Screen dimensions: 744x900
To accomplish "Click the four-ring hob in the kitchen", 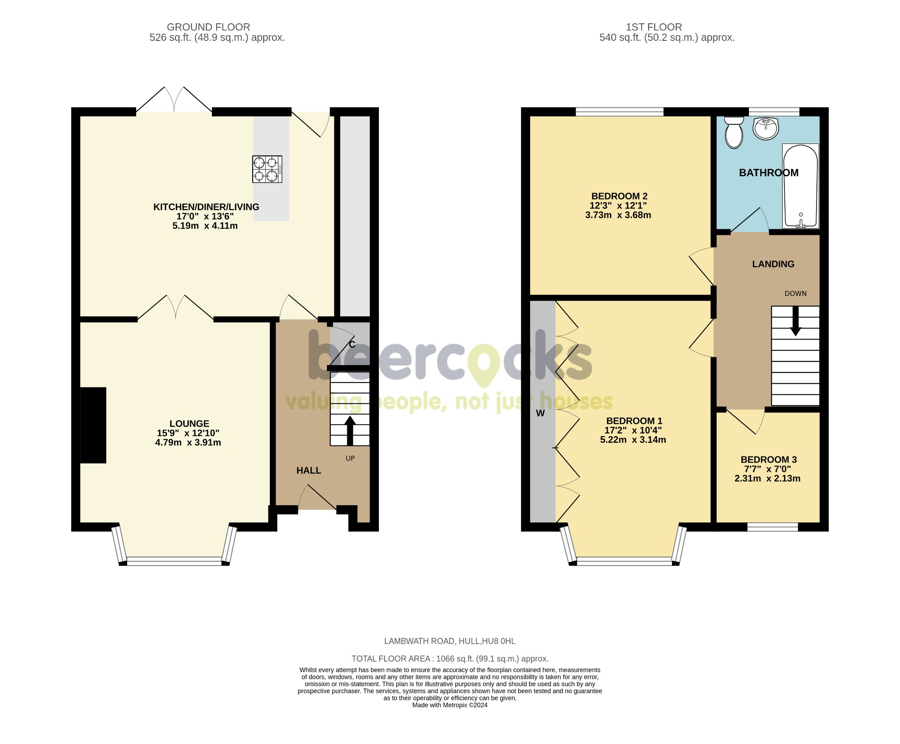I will tap(267, 169).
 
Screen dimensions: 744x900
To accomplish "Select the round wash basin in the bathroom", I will tap(766, 128).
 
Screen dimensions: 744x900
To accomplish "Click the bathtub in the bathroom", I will tap(800, 186).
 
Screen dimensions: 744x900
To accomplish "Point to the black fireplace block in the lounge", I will tap(93, 425).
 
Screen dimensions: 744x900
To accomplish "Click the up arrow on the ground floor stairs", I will tap(350, 430).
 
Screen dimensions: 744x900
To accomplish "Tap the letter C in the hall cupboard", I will tap(352, 345).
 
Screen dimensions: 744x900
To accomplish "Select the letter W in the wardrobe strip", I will tap(541, 413).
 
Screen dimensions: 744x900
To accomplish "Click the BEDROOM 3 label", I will tap(769, 460).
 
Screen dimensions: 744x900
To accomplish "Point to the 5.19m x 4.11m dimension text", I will tap(205, 226).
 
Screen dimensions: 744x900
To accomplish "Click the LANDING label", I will tap(773, 264).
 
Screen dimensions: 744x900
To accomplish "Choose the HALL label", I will tap(308, 470).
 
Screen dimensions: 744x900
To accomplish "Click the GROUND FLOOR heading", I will tap(208, 27).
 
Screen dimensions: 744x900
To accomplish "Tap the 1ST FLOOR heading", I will tap(654, 27).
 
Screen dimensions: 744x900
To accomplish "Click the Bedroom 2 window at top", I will tap(619, 112).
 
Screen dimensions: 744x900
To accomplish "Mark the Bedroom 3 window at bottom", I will tap(773, 527).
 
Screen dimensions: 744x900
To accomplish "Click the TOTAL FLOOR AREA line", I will tap(450, 659).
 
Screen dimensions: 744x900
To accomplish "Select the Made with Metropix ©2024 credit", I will tap(450, 705).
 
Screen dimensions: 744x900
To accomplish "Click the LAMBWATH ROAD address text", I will tap(450, 641).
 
